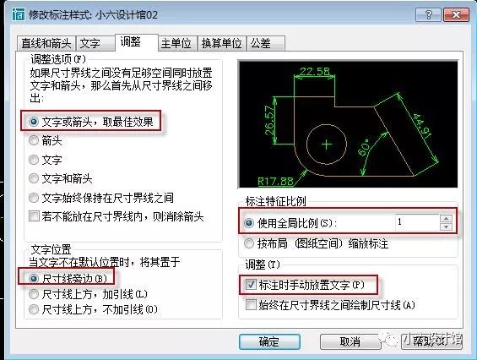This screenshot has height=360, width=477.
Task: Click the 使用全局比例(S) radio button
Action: point(250,223)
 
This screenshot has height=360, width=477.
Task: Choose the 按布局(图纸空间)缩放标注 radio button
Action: point(250,243)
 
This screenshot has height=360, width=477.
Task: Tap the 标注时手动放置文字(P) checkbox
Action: point(250,286)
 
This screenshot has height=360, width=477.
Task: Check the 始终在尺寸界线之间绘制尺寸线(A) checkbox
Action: point(250,304)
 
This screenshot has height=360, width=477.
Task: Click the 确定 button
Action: point(268,341)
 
